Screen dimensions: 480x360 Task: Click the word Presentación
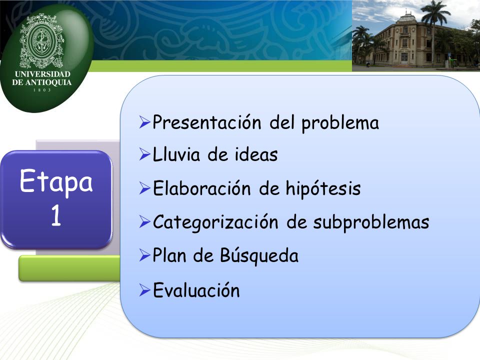tap(207, 122)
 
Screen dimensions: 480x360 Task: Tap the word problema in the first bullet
tap(340, 123)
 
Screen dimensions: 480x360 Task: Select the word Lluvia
tap(176, 154)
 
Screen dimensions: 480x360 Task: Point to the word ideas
tap(256, 154)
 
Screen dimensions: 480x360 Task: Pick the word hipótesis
tap(323, 188)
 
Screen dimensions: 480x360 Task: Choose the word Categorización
tap(215, 222)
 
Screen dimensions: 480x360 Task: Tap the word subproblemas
tap(371, 222)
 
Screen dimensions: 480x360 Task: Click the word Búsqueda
tap(259, 255)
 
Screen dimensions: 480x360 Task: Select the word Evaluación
tap(196, 289)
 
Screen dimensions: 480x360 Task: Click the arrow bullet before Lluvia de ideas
tap(144, 154)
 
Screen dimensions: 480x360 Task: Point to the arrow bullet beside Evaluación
tap(144, 290)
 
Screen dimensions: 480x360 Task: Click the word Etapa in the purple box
tap(56, 181)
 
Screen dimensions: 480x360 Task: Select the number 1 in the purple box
tap(56, 215)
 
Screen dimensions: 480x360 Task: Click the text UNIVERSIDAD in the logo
tap(42, 74)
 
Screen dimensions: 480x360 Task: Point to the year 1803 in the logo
tap(42, 90)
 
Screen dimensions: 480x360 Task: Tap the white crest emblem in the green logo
tap(41, 40)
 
